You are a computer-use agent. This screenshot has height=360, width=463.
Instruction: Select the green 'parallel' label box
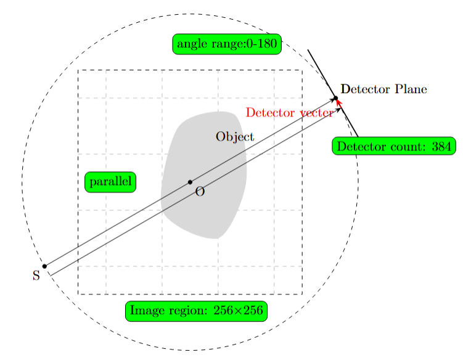110,182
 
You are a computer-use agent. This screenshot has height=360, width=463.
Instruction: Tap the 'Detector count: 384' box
394,147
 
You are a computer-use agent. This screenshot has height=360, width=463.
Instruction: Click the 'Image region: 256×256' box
196,311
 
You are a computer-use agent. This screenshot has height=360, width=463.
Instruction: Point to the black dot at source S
44,266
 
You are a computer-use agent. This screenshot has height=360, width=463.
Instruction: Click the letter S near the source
36,276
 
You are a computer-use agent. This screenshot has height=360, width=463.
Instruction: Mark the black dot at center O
190,182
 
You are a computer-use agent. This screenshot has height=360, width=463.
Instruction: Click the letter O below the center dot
199,192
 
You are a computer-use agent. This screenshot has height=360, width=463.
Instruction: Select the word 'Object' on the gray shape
234,137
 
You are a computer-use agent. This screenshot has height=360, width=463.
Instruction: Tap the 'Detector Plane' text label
383,90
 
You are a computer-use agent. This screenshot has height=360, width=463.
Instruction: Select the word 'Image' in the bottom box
146,311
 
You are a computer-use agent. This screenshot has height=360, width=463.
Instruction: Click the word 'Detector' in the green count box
358,147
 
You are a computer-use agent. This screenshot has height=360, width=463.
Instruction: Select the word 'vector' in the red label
316,112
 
